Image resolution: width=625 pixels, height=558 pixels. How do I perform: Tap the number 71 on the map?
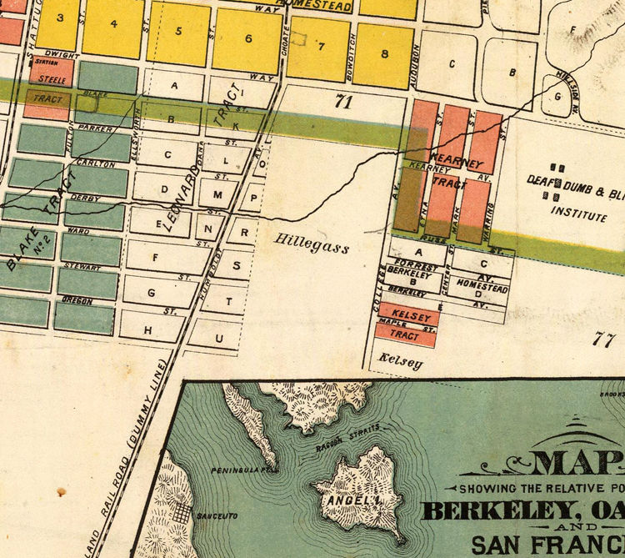340,103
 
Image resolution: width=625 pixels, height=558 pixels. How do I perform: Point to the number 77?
604,339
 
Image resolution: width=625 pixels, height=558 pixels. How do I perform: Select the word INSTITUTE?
578,216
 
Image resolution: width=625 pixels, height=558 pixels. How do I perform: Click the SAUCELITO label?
212,517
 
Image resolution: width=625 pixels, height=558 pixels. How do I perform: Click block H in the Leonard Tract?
149,331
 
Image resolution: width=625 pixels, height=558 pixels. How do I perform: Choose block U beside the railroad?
219,338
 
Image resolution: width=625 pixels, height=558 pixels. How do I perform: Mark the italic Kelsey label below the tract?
400,364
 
